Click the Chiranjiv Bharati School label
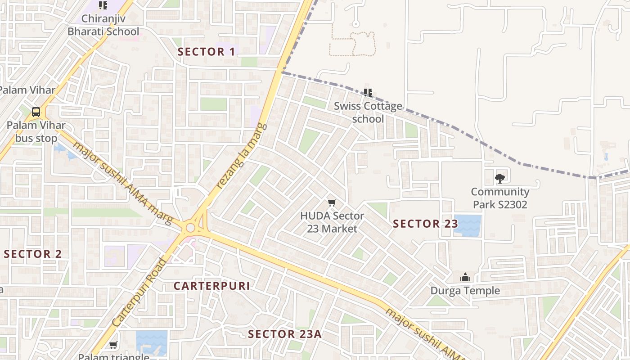coord(103,25)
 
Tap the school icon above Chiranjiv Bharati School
coord(103,6)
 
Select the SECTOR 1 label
coord(206,52)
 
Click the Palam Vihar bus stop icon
coord(36,112)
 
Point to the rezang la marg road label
coord(242,156)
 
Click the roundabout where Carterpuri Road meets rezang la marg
coord(190,228)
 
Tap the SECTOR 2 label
coord(33,254)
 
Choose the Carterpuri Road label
coord(139,293)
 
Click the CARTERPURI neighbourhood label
coord(211,286)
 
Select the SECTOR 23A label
coord(285,334)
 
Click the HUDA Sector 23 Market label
coord(332,222)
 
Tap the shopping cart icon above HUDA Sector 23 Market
coord(332,203)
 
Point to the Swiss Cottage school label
coord(368,112)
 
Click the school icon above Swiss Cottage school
coord(368,93)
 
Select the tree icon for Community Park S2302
coord(499,179)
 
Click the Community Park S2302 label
coord(499,198)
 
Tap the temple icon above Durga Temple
coord(465,277)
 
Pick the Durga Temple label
coord(465,291)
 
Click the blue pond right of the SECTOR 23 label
coord(468,225)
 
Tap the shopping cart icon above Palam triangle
coord(113,345)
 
